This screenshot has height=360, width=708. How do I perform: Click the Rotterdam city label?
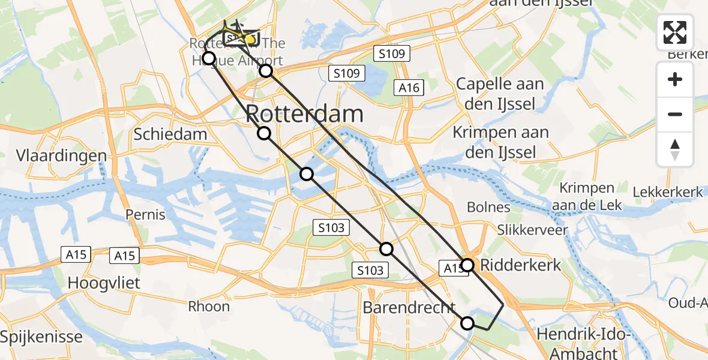coord(304,114)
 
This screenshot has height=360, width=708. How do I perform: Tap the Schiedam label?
coord(170,134)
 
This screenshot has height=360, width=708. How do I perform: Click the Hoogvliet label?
coord(104,283)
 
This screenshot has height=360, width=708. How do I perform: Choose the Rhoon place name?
coord(209,307)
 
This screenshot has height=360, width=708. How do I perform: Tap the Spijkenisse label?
coord(41,336)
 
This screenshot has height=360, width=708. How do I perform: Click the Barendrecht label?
coord(409,308)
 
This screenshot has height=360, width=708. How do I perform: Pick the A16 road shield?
coord(409,88)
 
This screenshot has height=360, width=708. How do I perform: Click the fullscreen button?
coord(675,32)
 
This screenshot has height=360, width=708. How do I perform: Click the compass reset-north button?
coord(675,149)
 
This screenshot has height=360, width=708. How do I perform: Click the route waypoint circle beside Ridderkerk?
coord(468,265)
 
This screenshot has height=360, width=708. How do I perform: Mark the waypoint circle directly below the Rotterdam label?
coord(264,133)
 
